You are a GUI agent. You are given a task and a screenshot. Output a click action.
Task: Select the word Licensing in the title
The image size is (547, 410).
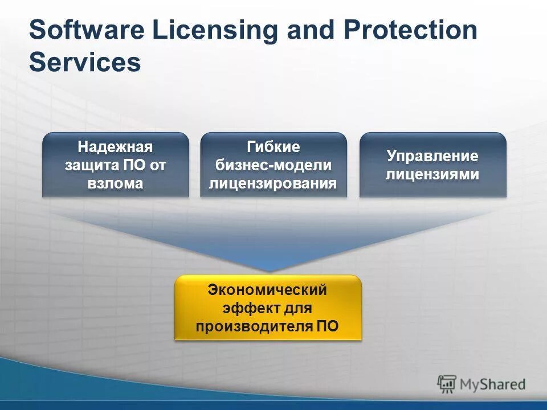click(204, 30)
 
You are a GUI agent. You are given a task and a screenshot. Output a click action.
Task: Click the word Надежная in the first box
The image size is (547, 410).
click(116, 147)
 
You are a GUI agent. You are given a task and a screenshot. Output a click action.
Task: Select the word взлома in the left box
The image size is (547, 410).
click(116, 183)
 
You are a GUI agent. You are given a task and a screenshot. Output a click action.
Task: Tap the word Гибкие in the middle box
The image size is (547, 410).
click(273, 147)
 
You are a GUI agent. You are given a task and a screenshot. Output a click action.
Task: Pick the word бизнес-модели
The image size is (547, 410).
click(273, 165)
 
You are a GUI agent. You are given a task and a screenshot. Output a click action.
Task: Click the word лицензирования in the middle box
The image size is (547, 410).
click(273, 183)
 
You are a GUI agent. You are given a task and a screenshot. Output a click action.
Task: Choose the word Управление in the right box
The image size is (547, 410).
click(432, 156)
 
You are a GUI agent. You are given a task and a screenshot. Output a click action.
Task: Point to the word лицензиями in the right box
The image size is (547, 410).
click(432, 174)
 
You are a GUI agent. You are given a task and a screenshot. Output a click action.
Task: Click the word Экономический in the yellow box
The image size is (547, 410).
click(267, 290)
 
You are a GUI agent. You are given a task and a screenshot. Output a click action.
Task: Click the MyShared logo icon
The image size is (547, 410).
click(447, 384)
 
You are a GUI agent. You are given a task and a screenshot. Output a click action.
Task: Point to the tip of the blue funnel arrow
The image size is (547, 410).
click(268, 270)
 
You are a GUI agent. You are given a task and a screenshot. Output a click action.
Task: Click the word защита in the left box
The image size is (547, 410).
click(92, 165)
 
